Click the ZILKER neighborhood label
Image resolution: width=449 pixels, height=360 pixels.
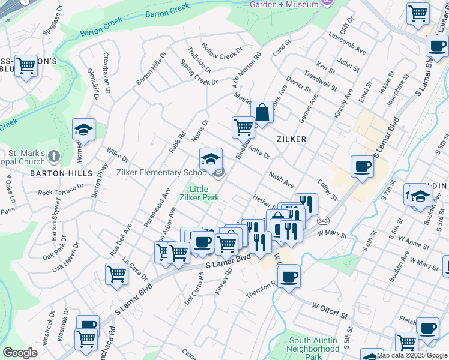292,139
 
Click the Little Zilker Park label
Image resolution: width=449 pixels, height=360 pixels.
200,193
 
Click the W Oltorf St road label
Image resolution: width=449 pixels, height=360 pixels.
330,310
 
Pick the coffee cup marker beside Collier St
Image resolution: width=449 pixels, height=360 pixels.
362,166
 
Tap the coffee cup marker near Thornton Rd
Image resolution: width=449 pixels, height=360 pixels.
289,276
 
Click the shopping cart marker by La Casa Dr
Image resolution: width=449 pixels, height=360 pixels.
116,274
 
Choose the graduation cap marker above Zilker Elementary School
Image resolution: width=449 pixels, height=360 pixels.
211,159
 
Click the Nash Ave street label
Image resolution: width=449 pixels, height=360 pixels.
282,179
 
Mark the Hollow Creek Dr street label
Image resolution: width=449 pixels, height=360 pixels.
221,52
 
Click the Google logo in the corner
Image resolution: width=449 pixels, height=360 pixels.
20,353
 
